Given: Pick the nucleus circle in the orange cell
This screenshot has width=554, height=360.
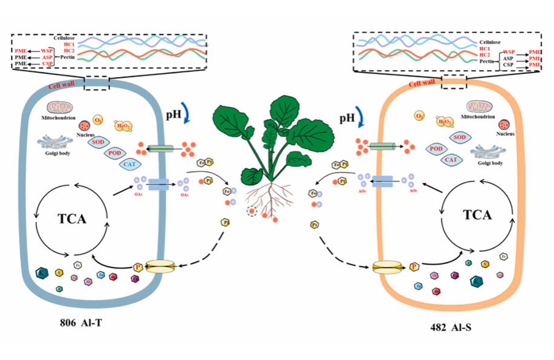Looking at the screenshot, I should (x=502, y=125).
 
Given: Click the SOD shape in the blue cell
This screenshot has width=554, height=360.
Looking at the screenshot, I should (x=101, y=142).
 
